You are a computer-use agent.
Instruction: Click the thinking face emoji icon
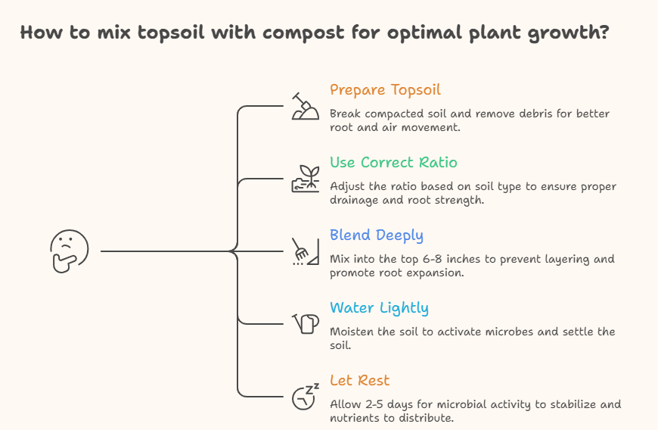coord(70,251)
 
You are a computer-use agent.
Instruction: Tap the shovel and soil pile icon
coord(305,106)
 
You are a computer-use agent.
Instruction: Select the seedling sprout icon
coord(305,179)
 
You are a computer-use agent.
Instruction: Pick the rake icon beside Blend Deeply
coord(305,251)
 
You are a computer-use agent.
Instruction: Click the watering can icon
coord(305,324)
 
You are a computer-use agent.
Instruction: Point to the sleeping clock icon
coord(305,397)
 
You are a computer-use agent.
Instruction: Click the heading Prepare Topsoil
coord(385,90)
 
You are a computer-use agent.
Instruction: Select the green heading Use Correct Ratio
coord(393,163)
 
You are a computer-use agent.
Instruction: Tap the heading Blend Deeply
coord(377,235)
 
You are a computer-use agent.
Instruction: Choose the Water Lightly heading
coord(380,308)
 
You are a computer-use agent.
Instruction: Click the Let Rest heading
coord(360,381)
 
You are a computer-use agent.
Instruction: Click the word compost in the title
coord(303,33)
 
